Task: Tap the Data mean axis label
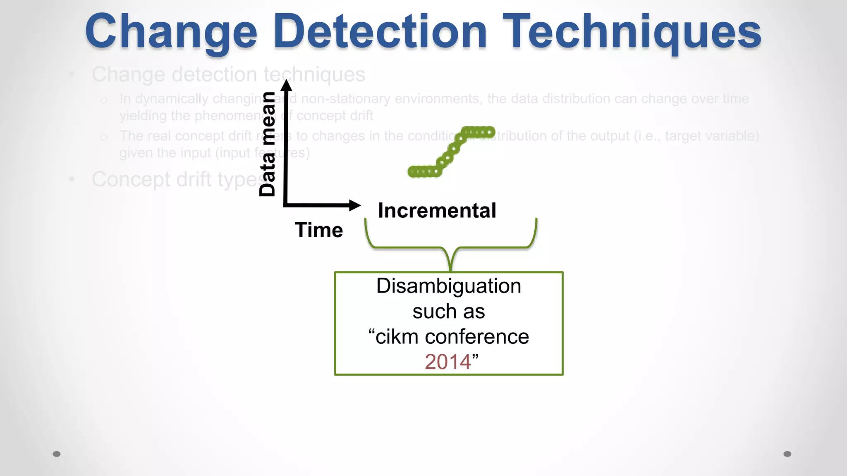[x=268, y=144]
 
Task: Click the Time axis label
[x=319, y=230]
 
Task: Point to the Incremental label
[x=437, y=211]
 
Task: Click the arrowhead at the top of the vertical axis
[x=286, y=85]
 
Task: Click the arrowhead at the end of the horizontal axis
[x=354, y=205]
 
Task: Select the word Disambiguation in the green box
[x=449, y=286]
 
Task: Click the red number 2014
[x=447, y=362]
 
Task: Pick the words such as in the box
[x=449, y=311]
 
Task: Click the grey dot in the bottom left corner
[x=57, y=454]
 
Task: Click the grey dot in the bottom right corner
[x=787, y=454]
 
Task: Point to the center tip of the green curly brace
[x=450, y=269]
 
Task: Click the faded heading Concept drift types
[x=178, y=180]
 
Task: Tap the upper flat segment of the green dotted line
[x=479, y=132]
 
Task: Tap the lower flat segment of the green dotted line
[x=423, y=171]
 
